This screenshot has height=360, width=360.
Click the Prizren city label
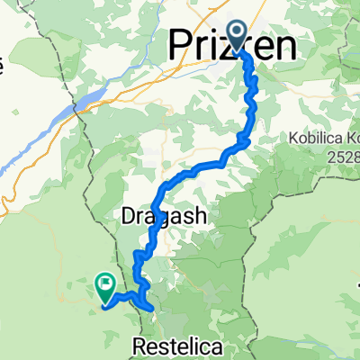pyautogui.click(x=231, y=45)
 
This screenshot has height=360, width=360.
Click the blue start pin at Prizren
pyautogui.click(x=238, y=36)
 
